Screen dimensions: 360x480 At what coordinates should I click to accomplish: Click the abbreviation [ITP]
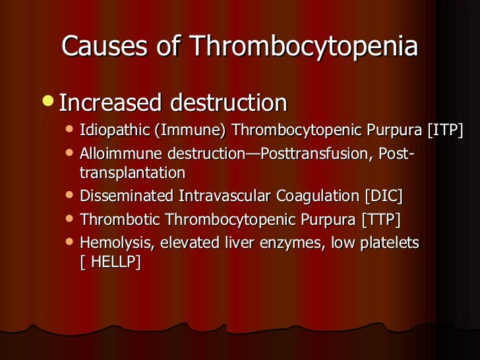tap(445, 130)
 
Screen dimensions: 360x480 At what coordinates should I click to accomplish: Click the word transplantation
tap(132, 173)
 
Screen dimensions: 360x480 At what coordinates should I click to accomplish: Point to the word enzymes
tap(286, 243)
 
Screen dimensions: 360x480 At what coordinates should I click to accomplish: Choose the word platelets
tap(389, 243)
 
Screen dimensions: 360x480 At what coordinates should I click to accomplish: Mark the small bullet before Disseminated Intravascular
tap(71, 195)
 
